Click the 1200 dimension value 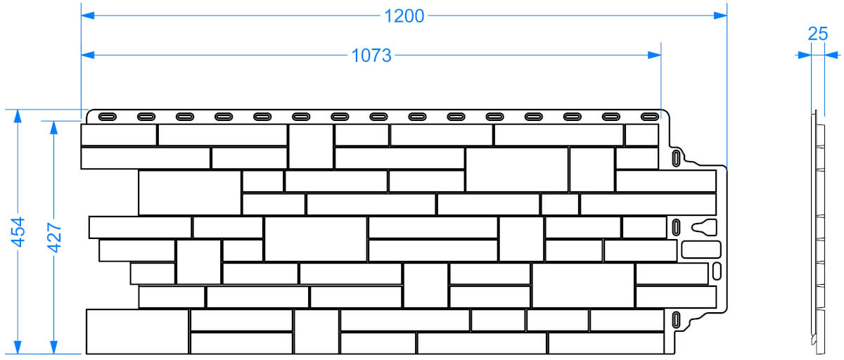coord(404,16)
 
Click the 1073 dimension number coord(371,56)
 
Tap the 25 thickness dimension coord(817,34)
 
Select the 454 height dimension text coord(18,232)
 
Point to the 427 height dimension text coord(54,238)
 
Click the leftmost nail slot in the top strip coord(108,117)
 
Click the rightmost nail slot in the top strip coord(650,117)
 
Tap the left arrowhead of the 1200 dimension coord(87,15)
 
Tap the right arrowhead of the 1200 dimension coord(720,15)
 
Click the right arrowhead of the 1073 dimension coord(655,55)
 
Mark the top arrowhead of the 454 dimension coord(18,116)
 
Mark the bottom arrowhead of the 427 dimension coord(53,347)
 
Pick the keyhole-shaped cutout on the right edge coord(704,227)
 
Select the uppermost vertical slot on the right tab coord(677,158)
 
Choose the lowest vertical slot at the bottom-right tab coord(677,320)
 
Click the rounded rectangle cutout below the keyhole coord(701,250)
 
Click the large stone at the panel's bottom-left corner coord(137,331)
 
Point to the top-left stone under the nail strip coord(119,135)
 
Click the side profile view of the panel coord(818,232)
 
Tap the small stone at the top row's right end coord(641,135)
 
